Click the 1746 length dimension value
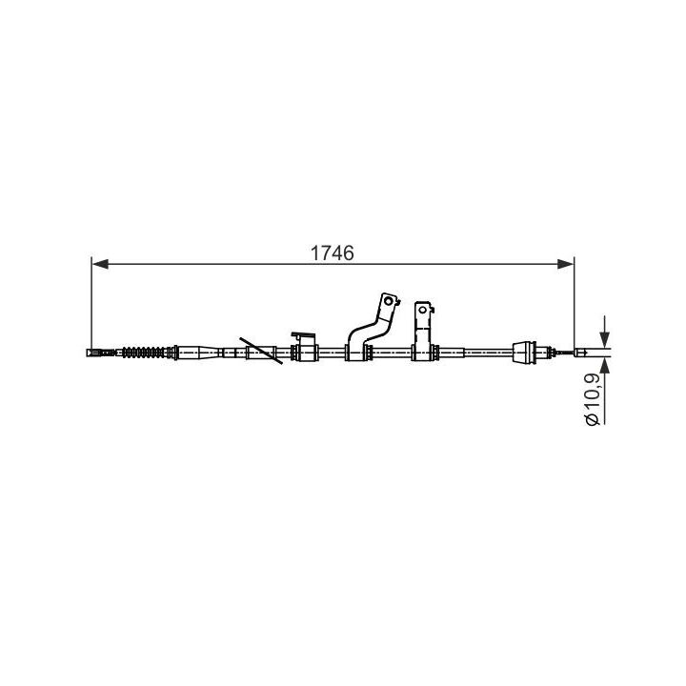click(x=332, y=253)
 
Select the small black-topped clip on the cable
click(x=304, y=337)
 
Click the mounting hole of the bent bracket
click(x=387, y=305)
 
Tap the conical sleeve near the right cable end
click(x=524, y=353)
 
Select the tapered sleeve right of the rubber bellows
click(x=198, y=353)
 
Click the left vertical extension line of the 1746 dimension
click(x=91, y=305)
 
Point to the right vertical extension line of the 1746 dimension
click(x=575, y=305)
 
